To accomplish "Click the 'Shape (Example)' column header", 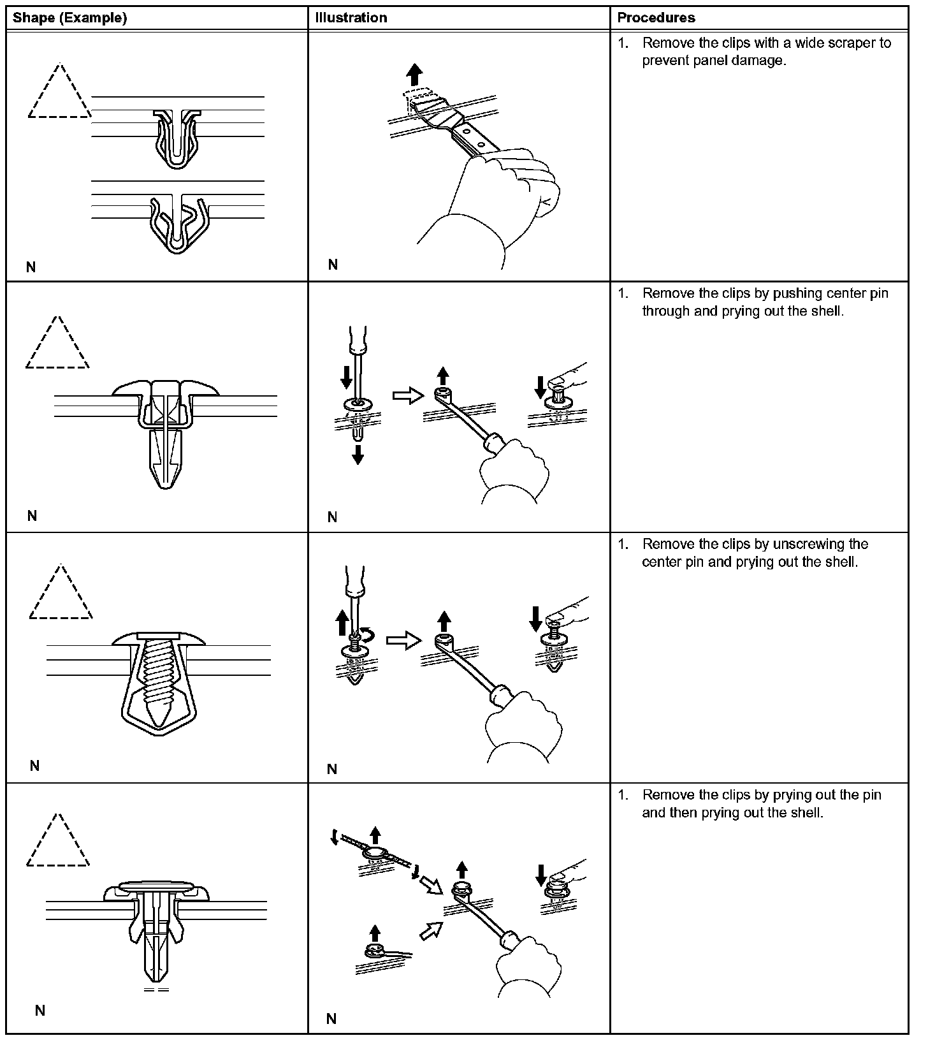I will click(x=69, y=18).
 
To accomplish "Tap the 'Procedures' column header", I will click(x=656, y=18).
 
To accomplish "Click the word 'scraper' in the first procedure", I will click(x=852, y=43).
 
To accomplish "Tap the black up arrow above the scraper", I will click(x=414, y=74).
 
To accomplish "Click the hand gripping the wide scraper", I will click(x=504, y=191).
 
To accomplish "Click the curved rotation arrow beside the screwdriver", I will click(x=368, y=634).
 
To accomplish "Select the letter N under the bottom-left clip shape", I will click(x=40, y=1010).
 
